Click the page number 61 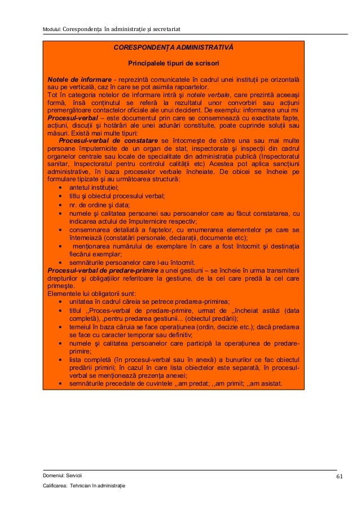[x=339, y=476]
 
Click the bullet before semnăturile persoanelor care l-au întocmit [x=60, y=263]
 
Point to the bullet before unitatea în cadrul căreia [x=60, y=302]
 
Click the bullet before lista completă [x=60, y=360]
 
